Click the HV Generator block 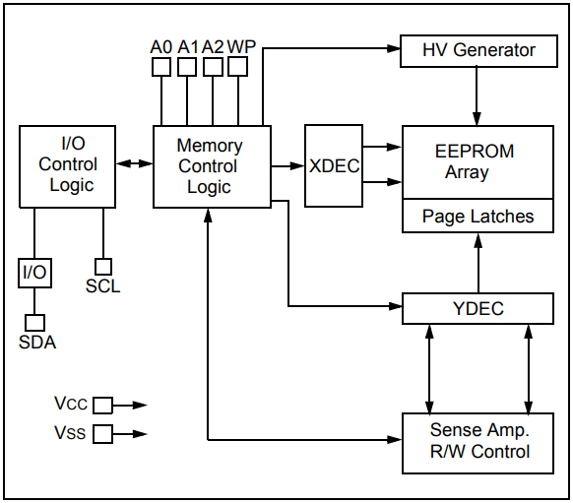tap(478, 50)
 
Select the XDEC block tap(334, 166)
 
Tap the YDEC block tap(478, 309)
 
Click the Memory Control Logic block tap(212, 166)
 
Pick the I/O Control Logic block tap(67, 166)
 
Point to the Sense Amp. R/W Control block tap(478, 442)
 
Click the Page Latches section tap(478, 217)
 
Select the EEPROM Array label tap(475, 162)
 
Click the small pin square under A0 tap(160, 67)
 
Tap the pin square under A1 tap(187, 67)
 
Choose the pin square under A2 tap(213, 67)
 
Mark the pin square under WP tap(238, 67)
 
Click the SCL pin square tap(102, 267)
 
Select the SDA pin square tap(34, 322)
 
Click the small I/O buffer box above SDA tap(34, 273)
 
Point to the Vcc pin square tap(102, 405)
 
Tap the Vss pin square tap(102, 433)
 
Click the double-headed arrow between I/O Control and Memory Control tap(134, 166)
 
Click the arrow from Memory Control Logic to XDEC tap(288, 166)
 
